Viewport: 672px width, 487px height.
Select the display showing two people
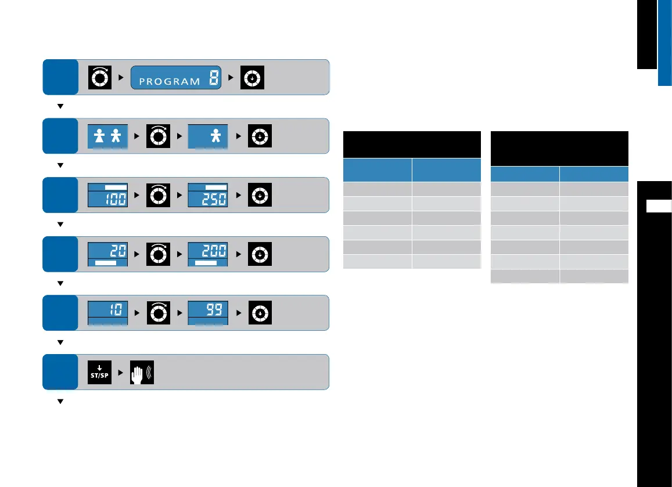pos(107,136)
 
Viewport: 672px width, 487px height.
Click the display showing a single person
pos(208,136)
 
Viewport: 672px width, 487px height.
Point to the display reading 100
pos(107,195)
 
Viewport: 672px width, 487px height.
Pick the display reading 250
pos(208,195)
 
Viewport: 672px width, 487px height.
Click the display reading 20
pos(107,254)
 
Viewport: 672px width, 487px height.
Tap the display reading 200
pos(208,254)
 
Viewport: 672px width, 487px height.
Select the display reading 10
pos(107,313)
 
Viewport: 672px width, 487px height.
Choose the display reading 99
pos(208,313)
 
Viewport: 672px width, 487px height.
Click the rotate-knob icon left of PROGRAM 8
pos(99,77)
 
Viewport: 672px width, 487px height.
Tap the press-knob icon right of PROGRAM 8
pos(253,77)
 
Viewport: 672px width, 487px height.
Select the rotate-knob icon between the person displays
pos(158,136)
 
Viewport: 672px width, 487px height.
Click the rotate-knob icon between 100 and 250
pos(158,195)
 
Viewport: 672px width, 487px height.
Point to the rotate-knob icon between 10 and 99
pos(158,313)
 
